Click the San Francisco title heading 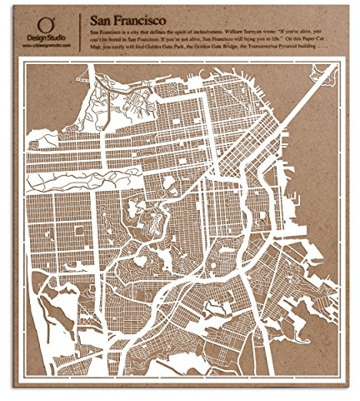pyautogui.click(x=126, y=18)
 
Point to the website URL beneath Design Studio pyautogui.click(x=49, y=48)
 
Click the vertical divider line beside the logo pyautogui.click(x=80, y=33)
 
